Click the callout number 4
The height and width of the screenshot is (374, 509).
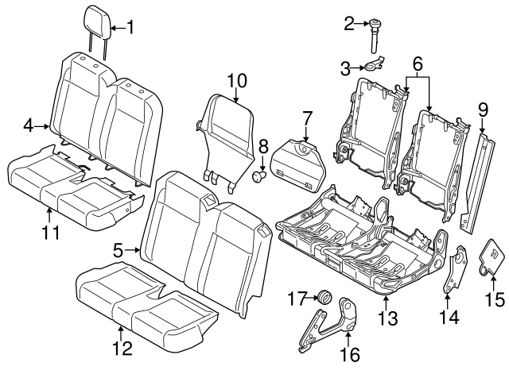pos(29,125)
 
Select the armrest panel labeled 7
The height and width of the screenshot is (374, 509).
pos(298,163)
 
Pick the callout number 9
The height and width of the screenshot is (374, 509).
pos(482,108)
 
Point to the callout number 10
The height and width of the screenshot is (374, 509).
pos(237,80)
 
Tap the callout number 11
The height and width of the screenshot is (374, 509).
pos(49,233)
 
